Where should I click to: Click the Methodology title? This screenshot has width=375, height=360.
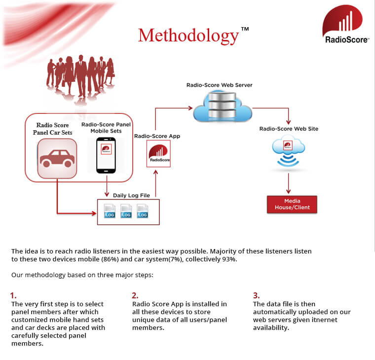click(188, 36)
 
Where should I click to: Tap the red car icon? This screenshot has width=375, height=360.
click(57, 158)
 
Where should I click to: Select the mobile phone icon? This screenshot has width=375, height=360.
click(106, 155)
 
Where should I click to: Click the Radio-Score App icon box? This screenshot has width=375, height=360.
click(159, 153)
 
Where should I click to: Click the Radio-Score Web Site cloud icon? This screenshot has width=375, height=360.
click(289, 150)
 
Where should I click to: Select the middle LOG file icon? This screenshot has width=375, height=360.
click(126, 211)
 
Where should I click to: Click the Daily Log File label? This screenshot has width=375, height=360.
click(131, 195)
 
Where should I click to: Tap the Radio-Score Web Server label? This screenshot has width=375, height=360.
click(220, 85)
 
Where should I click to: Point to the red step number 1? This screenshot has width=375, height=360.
click(13, 296)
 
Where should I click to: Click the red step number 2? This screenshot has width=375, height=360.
click(135, 296)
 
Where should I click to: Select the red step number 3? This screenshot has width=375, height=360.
click(256, 296)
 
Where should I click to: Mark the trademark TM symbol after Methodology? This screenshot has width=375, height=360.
click(245, 29)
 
